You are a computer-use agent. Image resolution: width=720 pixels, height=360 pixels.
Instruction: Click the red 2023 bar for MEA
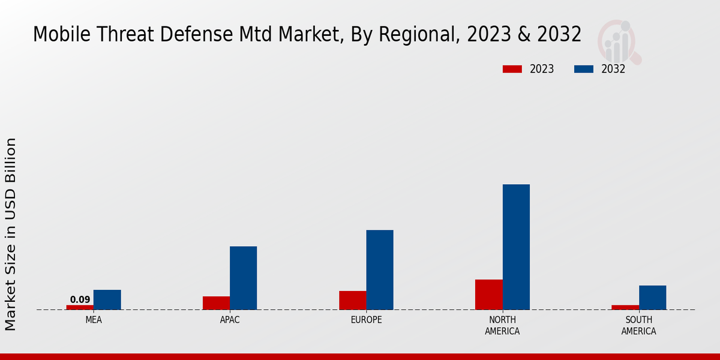80,307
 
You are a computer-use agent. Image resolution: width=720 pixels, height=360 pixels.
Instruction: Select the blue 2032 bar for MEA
107,299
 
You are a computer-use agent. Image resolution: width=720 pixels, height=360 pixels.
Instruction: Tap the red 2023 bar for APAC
216,303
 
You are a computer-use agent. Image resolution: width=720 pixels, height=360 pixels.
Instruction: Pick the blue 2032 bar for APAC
243,278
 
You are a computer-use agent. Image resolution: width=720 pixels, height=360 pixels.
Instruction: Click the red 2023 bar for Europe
352,300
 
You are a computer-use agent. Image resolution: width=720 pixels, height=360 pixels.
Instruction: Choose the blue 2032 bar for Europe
380,269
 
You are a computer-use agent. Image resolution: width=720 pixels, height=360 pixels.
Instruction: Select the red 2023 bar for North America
488,295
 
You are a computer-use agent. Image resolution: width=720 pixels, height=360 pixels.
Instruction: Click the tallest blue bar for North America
516,247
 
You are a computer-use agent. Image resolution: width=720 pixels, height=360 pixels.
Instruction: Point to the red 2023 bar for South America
625,307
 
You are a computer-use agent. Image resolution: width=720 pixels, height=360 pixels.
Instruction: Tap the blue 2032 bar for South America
652,297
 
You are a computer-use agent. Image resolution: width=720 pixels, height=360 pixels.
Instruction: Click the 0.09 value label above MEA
80,299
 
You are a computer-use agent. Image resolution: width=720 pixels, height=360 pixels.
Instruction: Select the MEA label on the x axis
94,320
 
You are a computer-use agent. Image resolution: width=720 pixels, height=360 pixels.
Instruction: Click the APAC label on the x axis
230,320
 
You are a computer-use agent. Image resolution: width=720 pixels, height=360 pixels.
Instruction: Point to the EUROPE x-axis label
366,320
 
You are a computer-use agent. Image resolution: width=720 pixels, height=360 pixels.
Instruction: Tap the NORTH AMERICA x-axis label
502,325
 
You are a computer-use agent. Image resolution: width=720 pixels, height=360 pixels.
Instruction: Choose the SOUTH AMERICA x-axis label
638,325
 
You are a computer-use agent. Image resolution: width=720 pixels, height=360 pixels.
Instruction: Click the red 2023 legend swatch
512,69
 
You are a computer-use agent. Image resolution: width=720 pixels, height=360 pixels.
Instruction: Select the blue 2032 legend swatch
584,69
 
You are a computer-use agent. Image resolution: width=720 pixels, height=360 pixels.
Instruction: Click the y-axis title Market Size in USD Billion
11,234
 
